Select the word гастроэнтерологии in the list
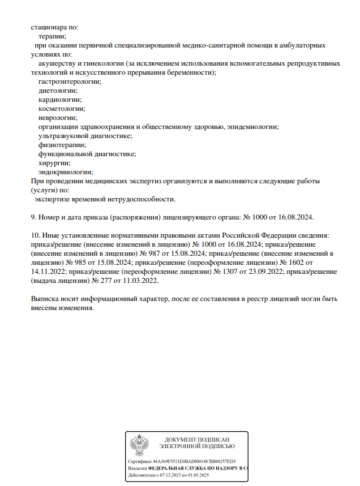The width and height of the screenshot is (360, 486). [70, 81]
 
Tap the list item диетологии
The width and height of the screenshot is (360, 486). [58, 91]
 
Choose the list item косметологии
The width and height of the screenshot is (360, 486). [61, 109]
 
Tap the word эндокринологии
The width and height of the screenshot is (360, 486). [66, 172]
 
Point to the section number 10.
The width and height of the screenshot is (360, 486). [35, 235]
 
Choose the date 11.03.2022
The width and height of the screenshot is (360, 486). [141, 281]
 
